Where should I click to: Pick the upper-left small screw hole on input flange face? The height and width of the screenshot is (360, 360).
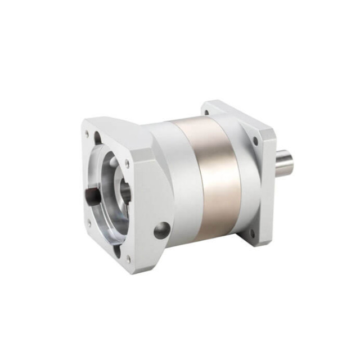point(87,134)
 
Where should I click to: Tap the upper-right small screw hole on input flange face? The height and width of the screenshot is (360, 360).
point(127,164)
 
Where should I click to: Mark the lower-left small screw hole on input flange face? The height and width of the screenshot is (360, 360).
point(88,223)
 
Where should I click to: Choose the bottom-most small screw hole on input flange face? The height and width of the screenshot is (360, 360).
point(128,259)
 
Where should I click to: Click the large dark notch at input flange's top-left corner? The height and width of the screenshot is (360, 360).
point(97,137)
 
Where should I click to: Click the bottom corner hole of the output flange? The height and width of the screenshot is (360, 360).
point(252,232)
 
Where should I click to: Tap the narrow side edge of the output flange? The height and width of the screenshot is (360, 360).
point(269,186)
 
